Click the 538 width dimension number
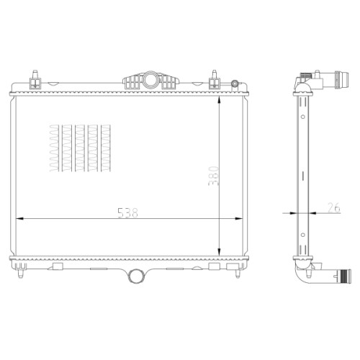pyautogui.click(x=127, y=212)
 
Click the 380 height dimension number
pyautogui.click(x=213, y=176)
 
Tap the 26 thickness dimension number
pyautogui.click(x=334, y=208)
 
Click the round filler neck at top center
pyautogui.click(x=150, y=80)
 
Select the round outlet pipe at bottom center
pyautogui.click(x=136, y=276)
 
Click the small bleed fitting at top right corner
pyautogui.click(x=235, y=84)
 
